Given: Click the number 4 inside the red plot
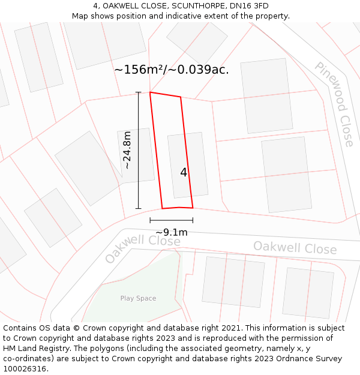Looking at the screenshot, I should tap(184, 172).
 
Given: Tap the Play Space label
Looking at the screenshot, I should tap(138, 298).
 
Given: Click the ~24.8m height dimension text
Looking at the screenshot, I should tap(127, 150).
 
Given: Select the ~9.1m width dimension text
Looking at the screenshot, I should tap(172, 233).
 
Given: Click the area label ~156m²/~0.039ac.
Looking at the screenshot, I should tap(172, 70).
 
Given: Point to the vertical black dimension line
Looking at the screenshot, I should tap(139, 150).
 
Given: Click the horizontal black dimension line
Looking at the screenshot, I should tap(172, 220).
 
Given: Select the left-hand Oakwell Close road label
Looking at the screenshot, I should tap(142, 248).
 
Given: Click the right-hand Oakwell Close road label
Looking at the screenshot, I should tap(295, 248).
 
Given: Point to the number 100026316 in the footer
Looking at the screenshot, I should tap(24, 368).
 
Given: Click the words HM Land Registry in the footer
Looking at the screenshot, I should tap(31, 348).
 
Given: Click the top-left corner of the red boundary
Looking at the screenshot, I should tap(150, 92).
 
